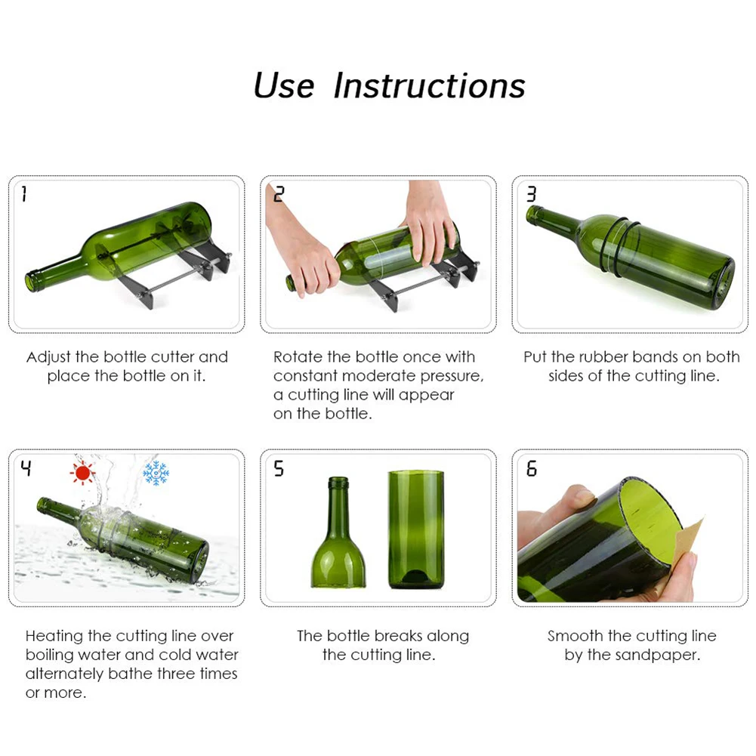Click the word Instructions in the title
click(x=429, y=85)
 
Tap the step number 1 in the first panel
click(x=24, y=195)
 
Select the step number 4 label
click(x=26, y=469)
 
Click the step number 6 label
click(x=531, y=469)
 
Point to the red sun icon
click(x=82, y=473)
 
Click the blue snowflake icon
click(x=156, y=473)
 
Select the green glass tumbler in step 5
click(x=415, y=529)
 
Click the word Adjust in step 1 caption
click(x=49, y=356)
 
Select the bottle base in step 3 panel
click(x=724, y=282)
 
